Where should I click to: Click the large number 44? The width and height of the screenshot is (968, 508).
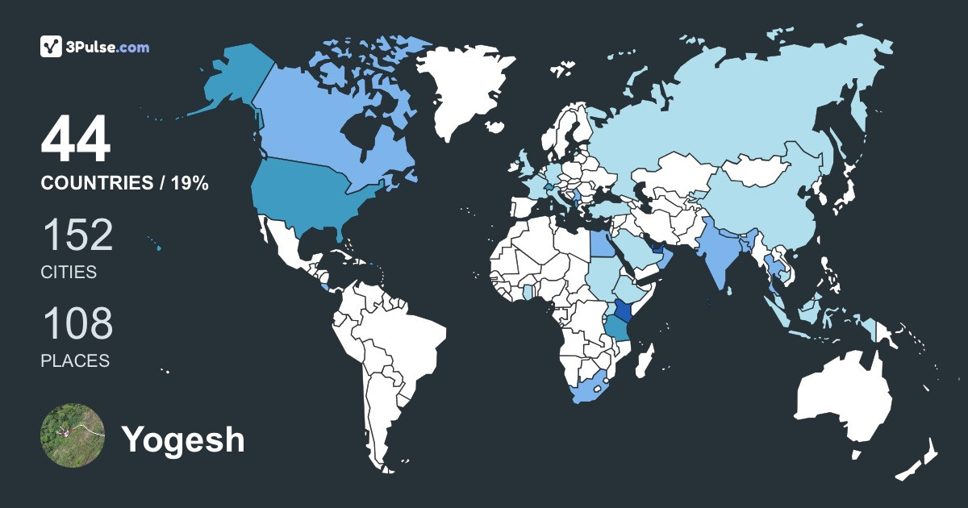click(x=76, y=141)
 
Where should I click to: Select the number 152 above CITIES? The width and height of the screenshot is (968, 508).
click(x=77, y=235)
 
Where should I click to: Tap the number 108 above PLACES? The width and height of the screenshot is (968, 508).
click(x=77, y=323)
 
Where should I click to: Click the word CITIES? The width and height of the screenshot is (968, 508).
click(x=69, y=273)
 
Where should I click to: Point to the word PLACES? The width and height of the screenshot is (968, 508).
click(x=75, y=360)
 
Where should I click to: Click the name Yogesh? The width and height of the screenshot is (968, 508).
click(x=183, y=439)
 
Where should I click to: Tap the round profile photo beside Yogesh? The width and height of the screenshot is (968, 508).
click(x=73, y=435)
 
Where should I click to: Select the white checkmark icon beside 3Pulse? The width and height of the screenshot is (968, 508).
click(x=52, y=47)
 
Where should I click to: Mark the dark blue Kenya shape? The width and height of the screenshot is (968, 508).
click(x=624, y=311)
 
